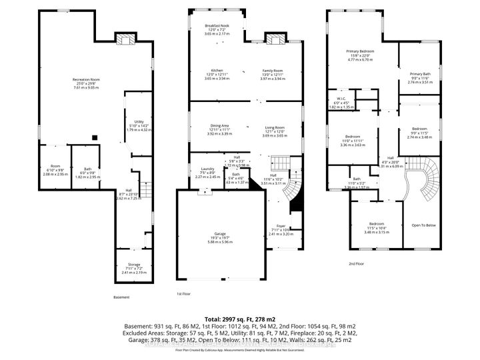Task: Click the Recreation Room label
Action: pos(82,80)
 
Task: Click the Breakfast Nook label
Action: pos(216,25)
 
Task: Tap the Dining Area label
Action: pos(220,125)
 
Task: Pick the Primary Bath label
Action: pos(419,74)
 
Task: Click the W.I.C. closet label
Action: pos(341,99)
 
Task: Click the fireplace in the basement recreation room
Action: pos(123,39)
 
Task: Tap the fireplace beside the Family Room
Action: pos(273,39)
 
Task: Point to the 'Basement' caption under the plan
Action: pos(121,297)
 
